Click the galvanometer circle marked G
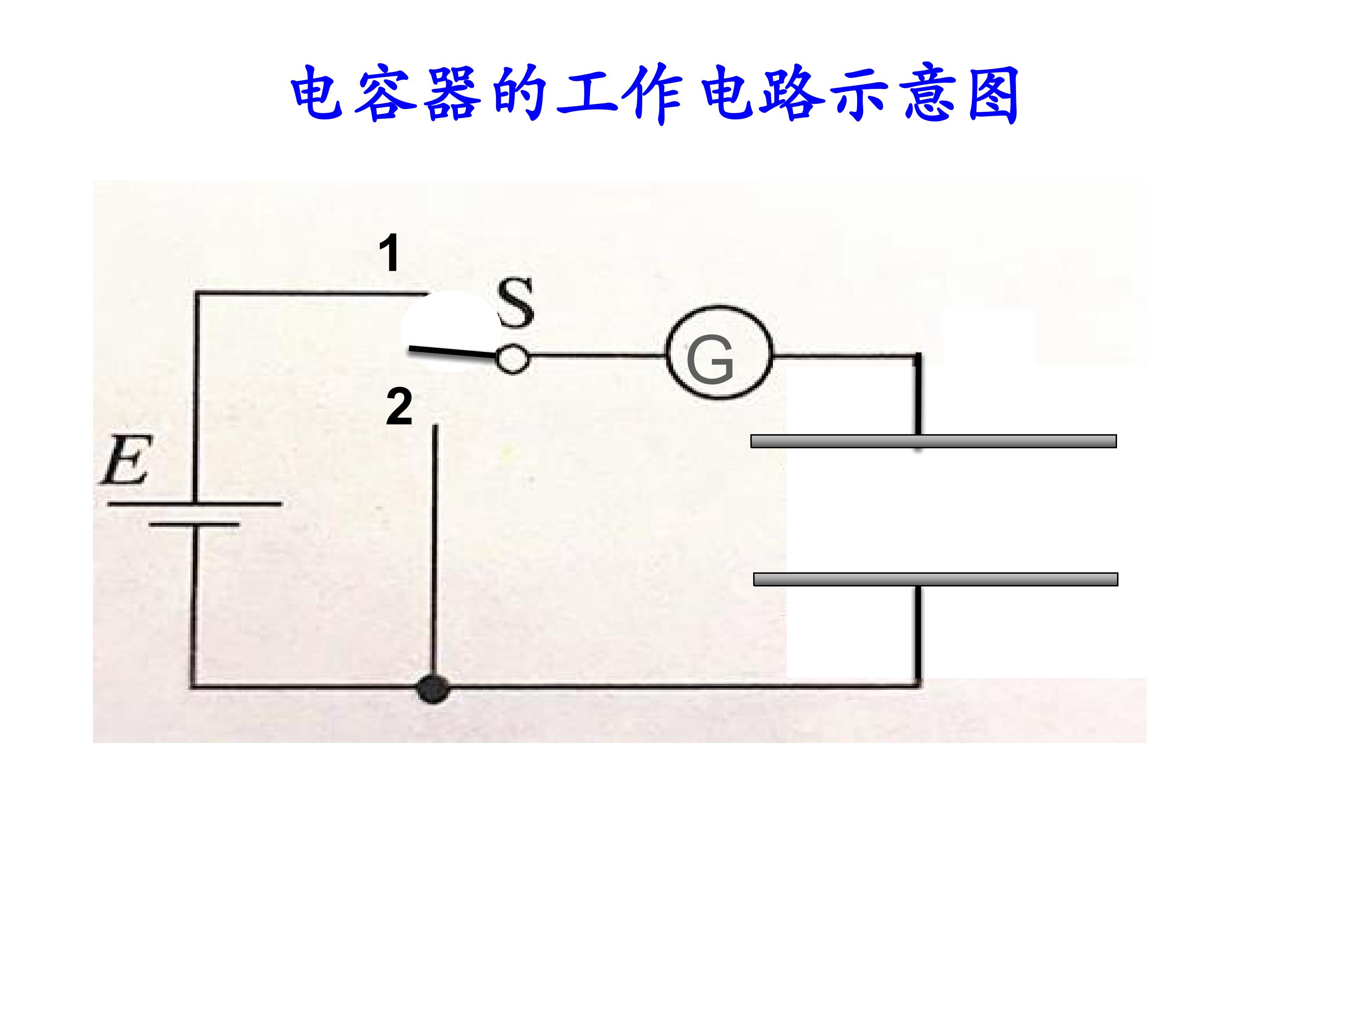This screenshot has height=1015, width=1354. (x=720, y=353)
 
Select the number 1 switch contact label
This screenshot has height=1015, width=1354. (x=389, y=253)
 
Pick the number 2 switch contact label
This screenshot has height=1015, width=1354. (x=399, y=407)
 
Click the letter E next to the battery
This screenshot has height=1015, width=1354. (x=125, y=460)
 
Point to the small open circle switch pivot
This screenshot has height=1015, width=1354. (x=512, y=359)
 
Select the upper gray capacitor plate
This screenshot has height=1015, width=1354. (x=934, y=441)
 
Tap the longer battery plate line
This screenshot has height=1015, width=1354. (x=195, y=504)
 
